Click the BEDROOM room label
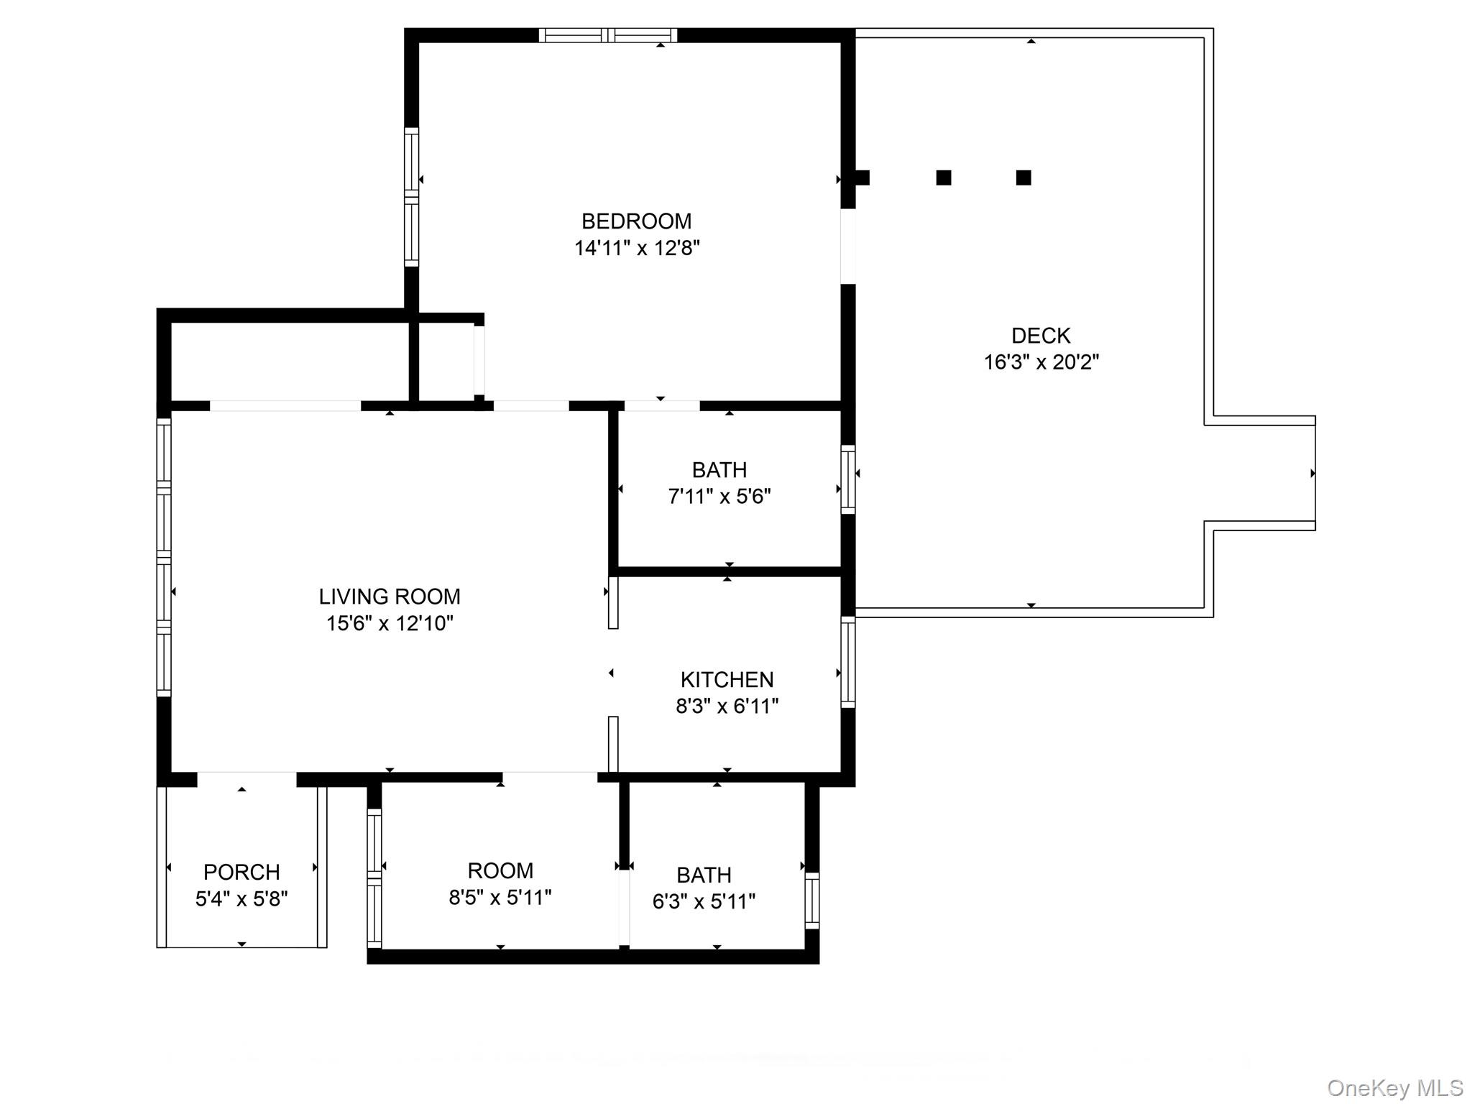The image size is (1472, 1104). [x=636, y=221]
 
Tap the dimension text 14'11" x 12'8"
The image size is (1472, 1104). [x=636, y=248]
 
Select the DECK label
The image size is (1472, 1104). [x=1040, y=336]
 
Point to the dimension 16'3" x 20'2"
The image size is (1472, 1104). [x=1040, y=362]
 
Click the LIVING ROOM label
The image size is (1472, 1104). [x=390, y=597]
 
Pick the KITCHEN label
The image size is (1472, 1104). [x=727, y=680]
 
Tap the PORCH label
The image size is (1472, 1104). [x=241, y=873]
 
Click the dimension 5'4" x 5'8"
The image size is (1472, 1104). [x=241, y=899]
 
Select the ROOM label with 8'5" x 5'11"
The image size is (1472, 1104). [x=500, y=871]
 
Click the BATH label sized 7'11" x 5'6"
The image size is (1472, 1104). [x=719, y=470]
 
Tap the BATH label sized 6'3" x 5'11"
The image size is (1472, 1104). [x=704, y=875]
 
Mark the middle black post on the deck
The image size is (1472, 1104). [x=944, y=178]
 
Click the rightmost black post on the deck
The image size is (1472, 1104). [x=1023, y=178]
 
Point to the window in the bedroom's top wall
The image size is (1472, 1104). [x=608, y=35]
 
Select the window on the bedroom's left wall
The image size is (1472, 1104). [x=411, y=197]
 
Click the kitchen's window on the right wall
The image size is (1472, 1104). [x=848, y=662]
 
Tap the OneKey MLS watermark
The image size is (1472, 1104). [x=1394, y=1088]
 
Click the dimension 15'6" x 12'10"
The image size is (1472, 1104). [x=390, y=623]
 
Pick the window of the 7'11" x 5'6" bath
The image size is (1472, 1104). [x=848, y=479]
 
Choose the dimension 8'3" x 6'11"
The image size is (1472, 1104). [x=727, y=707]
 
